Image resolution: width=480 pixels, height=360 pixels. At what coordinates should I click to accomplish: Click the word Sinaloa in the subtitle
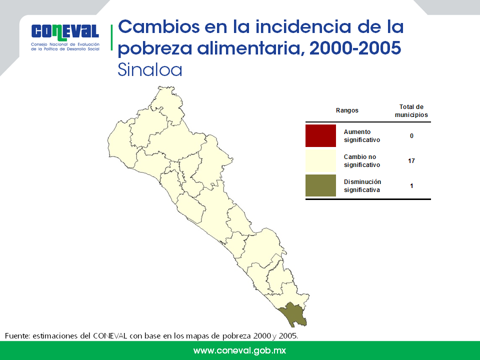point(150,70)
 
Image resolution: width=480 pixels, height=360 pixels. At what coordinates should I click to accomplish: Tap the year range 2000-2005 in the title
point(355,48)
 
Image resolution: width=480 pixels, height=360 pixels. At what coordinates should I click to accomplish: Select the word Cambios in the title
point(158,26)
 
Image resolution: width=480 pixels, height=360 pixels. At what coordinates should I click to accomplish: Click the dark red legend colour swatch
point(320,135)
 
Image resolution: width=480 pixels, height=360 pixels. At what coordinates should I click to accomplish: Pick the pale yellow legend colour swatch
point(320,160)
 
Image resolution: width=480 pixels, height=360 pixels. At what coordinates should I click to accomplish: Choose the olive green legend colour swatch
point(320,185)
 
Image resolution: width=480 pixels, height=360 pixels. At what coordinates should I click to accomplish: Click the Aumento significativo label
point(362,136)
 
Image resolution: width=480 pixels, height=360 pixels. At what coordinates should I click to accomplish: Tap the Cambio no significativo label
point(362,160)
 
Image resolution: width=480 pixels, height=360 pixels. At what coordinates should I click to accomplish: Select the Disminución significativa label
point(362,186)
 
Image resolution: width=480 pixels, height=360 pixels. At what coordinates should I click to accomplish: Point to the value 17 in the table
point(411,160)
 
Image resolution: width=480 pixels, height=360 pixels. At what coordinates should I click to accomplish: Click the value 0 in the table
point(411,136)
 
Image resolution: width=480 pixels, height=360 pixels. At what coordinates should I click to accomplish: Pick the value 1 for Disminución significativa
point(411,186)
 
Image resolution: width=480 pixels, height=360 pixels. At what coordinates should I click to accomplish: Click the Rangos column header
point(347,110)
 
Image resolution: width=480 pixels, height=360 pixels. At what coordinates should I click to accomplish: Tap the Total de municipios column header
point(411,111)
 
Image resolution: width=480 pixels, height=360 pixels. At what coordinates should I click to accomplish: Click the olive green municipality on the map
point(293,314)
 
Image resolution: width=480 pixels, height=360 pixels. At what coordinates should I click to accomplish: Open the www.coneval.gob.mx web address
point(239,350)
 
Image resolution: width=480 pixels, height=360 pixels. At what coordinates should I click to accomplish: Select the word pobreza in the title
point(155,49)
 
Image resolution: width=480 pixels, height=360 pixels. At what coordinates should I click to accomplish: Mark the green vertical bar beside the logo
point(111,37)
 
